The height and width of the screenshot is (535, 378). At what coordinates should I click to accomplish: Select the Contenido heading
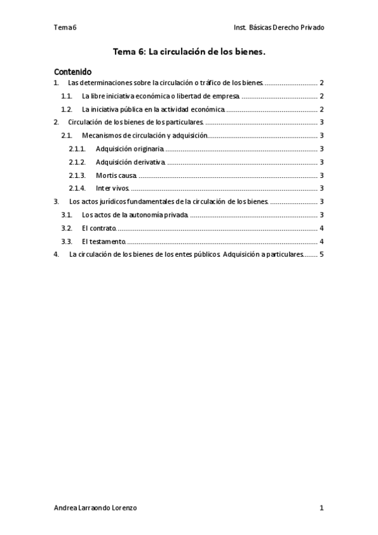73,72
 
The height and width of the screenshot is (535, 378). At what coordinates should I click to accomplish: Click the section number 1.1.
66,97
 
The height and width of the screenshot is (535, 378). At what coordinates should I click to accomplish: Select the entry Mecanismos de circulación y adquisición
145,136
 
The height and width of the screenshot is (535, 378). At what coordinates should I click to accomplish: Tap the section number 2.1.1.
77,149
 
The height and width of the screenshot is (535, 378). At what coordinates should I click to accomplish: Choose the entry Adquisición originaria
129,149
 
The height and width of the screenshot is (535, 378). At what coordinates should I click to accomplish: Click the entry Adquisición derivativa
130,162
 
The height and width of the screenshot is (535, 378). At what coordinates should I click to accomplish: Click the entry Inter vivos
112,189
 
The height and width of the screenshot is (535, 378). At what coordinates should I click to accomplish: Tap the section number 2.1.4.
77,189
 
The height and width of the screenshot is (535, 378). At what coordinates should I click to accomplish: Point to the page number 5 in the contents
322,255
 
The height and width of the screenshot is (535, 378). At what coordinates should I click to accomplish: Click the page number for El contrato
322,228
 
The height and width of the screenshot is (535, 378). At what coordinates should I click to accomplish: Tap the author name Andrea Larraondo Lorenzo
95,508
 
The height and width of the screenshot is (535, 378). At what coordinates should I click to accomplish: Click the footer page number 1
322,508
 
